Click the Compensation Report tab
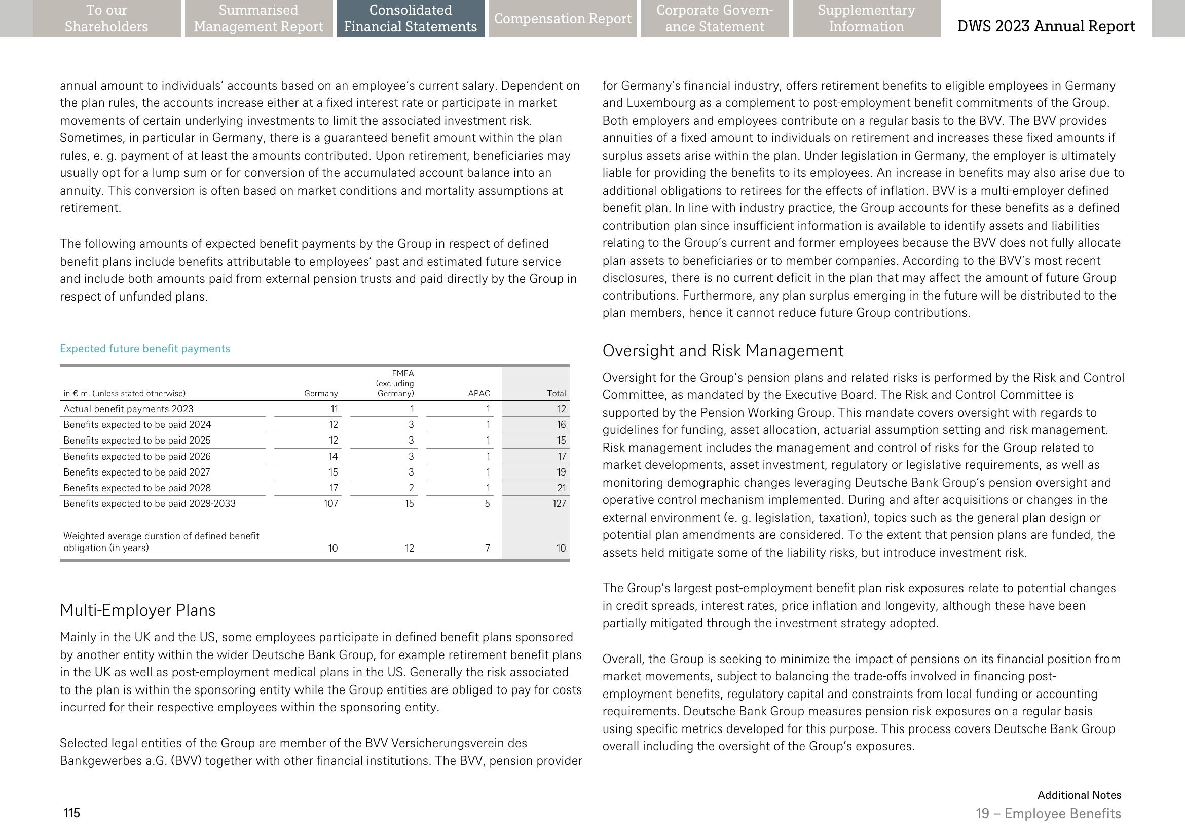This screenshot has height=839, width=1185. point(563,19)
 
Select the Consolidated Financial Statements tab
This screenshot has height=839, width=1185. point(411,19)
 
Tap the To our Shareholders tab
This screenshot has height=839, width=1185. point(106,19)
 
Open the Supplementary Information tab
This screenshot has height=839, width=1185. point(866,19)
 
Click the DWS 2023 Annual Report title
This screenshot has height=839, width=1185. point(1046,26)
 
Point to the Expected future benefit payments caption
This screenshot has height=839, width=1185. point(145,349)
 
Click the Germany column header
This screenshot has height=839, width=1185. point(321,394)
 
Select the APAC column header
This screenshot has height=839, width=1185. point(479,394)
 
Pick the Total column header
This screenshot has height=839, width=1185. point(557,394)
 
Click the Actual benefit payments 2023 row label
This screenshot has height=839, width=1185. point(128,409)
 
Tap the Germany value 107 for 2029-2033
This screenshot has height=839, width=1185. point(330,504)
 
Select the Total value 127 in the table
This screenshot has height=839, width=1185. point(559,504)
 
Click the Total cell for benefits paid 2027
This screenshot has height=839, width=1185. point(561,472)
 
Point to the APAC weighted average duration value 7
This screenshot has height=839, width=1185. point(487,548)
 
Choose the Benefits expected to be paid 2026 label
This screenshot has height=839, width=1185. point(137,457)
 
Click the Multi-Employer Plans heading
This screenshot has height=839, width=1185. point(137,610)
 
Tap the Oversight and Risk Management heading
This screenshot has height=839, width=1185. point(723,351)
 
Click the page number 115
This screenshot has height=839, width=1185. point(72,813)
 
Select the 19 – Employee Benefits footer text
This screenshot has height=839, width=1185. point(1048,814)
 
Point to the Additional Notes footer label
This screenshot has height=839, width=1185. point(1079,795)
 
